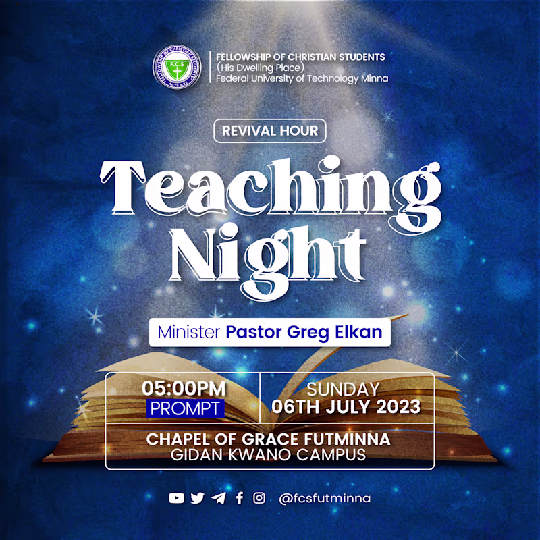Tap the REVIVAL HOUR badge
270,130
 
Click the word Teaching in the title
270,182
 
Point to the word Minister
189,333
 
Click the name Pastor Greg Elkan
304,333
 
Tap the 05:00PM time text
184,389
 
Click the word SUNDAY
343,389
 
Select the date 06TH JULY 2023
346,408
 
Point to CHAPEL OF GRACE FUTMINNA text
269,439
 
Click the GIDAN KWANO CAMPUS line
269,454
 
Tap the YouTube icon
176,498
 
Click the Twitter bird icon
197,498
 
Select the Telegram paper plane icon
218,498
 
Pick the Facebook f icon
239,498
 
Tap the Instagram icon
259,498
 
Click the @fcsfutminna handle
325,498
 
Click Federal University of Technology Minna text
302,78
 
